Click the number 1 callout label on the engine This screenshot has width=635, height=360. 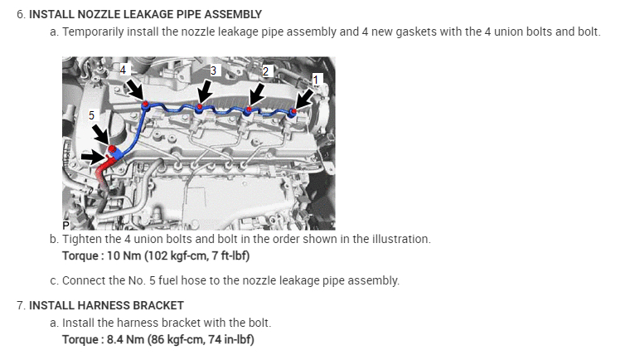point(315,78)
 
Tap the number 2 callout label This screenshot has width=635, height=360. point(265,70)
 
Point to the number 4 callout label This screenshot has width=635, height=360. point(123,70)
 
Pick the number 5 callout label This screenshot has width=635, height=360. point(91,114)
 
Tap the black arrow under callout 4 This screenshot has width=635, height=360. point(134,89)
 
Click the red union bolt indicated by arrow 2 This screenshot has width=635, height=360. point(249,109)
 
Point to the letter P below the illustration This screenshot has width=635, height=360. point(66,225)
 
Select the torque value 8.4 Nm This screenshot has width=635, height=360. point(124,340)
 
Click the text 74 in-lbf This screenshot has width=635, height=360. point(234,340)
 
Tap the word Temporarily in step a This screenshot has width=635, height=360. point(95,32)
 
